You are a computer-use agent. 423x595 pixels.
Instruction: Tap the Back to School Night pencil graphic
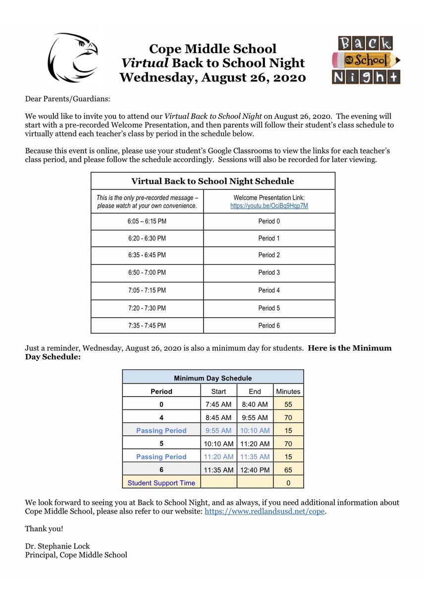(x=366, y=59)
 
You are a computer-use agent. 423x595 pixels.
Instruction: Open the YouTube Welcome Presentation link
(x=269, y=206)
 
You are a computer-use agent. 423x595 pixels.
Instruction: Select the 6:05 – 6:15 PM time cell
(x=147, y=221)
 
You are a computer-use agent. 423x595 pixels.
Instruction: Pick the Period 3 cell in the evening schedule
(x=269, y=273)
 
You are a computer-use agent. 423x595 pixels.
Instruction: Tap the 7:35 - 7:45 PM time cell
(x=147, y=325)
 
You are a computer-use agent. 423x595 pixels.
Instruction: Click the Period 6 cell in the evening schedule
(x=269, y=325)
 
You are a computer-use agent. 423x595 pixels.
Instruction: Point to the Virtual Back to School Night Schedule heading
(x=212, y=181)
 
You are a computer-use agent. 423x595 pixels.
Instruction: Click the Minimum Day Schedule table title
(x=212, y=378)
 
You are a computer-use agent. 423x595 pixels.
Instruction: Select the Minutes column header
(x=288, y=391)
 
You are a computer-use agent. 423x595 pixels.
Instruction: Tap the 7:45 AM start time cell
(x=218, y=405)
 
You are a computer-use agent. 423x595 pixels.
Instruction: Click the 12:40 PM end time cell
(x=255, y=470)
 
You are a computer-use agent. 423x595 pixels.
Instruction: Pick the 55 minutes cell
(x=288, y=405)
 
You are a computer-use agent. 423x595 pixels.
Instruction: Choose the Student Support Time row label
(x=161, y=482)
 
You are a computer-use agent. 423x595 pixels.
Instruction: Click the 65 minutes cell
(x=288, y=470)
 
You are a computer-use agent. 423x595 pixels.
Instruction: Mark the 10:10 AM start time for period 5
(x=218, y=444)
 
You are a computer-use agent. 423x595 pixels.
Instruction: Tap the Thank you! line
(x=44, y=529)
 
